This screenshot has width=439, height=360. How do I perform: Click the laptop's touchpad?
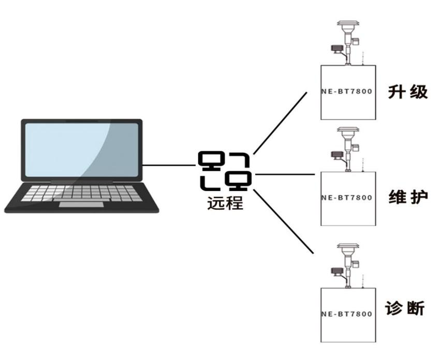81,204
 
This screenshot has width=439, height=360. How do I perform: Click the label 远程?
225,202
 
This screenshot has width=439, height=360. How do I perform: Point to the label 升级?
408,92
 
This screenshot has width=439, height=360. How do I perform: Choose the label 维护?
408,197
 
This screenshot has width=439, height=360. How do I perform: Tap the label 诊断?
405,308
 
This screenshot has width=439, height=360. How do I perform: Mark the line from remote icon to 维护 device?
285,175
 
